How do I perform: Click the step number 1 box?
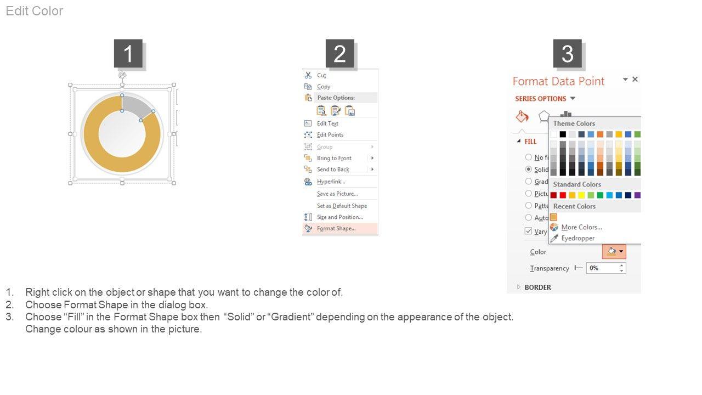pos(128,54)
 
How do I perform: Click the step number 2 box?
pos(339,54)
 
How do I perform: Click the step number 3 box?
pos(567,54)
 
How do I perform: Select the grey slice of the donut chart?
pos(137,105)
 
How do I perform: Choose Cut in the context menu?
pos(321,75)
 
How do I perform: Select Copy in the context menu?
pos(324,87)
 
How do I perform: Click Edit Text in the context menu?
pos(327,123)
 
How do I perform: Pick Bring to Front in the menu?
pos(334,158)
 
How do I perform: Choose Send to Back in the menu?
pos(333,170)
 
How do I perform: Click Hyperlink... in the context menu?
pos(331,182)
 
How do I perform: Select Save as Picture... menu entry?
pos(337,194)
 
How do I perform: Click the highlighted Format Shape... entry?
pos(336,228)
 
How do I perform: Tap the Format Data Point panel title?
pos(558,81)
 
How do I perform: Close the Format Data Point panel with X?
pos(635,80)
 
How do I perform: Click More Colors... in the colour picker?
pos(581,227)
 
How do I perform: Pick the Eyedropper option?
pos(578,238)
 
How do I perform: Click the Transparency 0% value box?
pos(602,268)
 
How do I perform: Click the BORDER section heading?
pos(537,287)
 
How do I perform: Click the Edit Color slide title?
pos(35,11)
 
